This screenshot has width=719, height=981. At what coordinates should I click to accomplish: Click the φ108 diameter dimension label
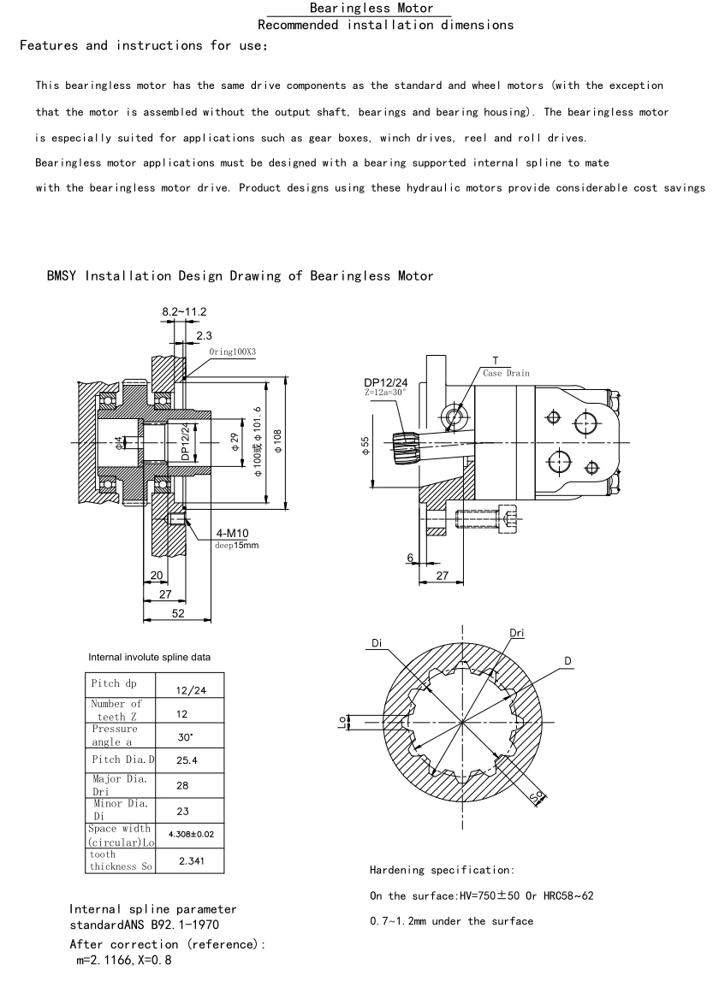(277, 440)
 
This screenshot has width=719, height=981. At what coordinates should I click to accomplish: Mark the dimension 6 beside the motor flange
(411, 558)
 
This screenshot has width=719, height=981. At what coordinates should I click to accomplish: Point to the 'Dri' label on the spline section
(517, 633)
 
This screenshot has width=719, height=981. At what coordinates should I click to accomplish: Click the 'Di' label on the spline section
(377, 641)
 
